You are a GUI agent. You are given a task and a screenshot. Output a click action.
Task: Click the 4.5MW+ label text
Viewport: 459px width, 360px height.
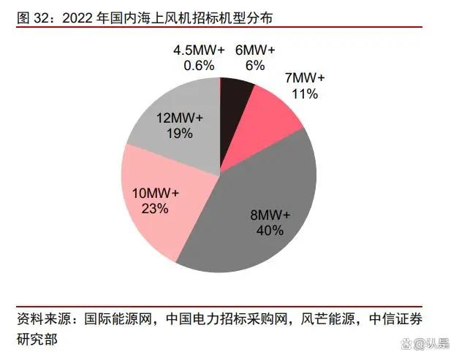[x=194, y=50]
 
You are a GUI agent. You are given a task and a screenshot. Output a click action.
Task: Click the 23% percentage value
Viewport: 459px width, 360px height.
[x=156, y=209]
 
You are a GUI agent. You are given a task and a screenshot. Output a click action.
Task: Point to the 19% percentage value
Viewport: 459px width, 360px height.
[x=179, y=133]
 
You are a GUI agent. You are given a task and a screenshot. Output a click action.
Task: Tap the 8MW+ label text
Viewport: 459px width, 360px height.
[x=270, y=215]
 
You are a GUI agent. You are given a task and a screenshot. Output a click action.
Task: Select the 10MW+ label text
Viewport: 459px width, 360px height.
[x=156, y=194]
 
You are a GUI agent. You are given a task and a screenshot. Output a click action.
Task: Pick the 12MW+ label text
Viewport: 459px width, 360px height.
[x=180, y=118]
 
